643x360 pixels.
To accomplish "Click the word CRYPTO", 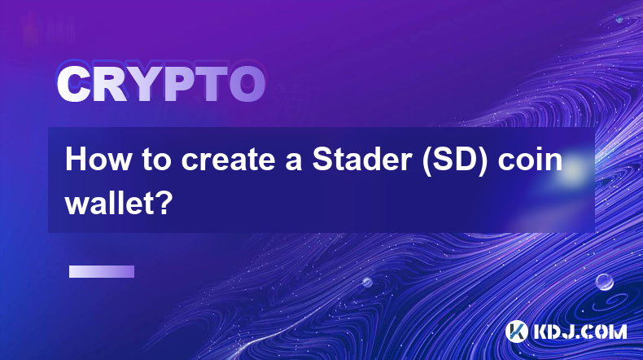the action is coord(162,84).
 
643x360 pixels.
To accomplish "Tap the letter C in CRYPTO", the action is coord(74,84).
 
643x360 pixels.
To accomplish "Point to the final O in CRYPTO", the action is coord(247,84).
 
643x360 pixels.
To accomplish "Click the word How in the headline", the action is coord(98,160).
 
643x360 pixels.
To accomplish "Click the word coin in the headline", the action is coord(530,160).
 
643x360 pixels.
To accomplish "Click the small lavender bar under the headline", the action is coord(102,272).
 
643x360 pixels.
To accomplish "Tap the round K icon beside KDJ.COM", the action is coord(516,331).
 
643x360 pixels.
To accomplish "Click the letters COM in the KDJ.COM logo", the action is coord(604,331).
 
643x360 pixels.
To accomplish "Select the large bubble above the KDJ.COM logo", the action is coord(604,282).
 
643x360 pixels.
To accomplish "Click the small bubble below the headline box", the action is coord(366,282).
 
